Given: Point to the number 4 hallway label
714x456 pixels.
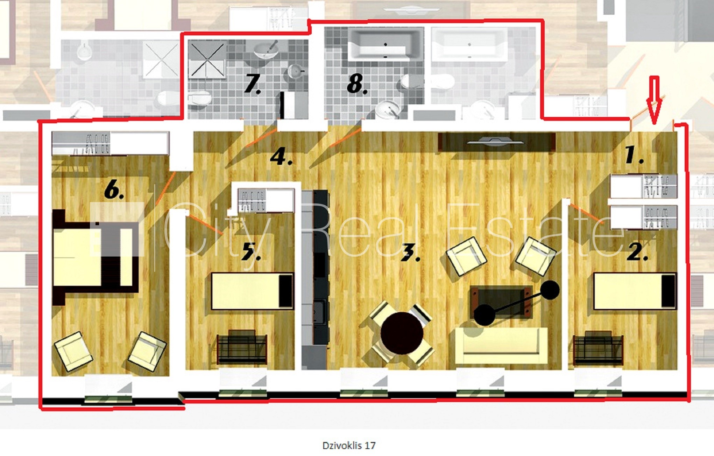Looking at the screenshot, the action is [281, 156].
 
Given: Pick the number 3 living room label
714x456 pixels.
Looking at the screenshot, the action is [410, 253].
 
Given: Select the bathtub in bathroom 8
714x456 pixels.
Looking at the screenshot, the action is [385, 45].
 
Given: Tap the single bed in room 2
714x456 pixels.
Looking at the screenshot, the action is [635, 291].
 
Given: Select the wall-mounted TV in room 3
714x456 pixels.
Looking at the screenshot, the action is [496, 142].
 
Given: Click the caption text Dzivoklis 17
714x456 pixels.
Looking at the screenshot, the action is [349, 445].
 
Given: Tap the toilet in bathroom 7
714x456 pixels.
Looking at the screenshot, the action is [199, 99].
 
